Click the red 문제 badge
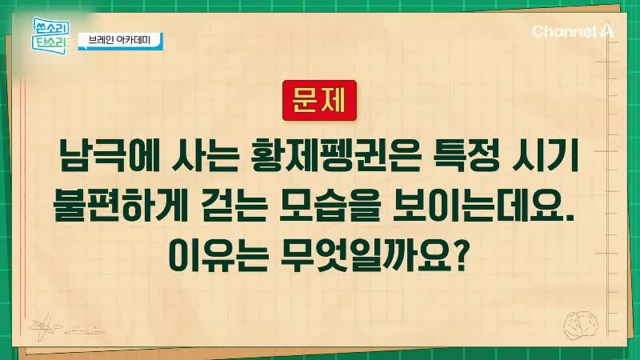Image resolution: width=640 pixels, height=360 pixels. click(x=319, y=101)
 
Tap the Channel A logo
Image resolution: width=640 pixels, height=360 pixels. click(x=572, y=31)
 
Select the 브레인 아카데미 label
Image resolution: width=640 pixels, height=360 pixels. click(x=121, y=41)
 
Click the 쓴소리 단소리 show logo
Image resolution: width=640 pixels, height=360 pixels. click(x=50, y=36)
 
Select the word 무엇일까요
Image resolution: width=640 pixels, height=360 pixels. click(x=366, y=256)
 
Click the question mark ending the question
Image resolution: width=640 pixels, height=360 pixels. click(x=460, y=256)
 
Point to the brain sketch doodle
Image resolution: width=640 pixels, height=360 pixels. click(x=582, y=326)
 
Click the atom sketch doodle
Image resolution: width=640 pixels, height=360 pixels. click(x=45, y=326)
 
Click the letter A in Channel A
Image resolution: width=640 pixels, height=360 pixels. click(x=606, y=31)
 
